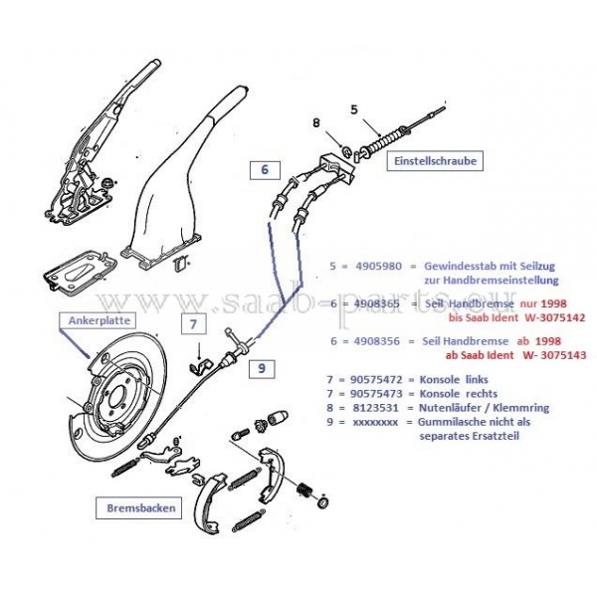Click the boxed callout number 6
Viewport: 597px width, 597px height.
pos(265,170)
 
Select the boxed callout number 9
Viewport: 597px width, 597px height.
pos(261,368)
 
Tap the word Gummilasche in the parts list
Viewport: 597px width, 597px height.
pos(466,423)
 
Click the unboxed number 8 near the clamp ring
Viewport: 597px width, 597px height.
pos(316,125)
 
